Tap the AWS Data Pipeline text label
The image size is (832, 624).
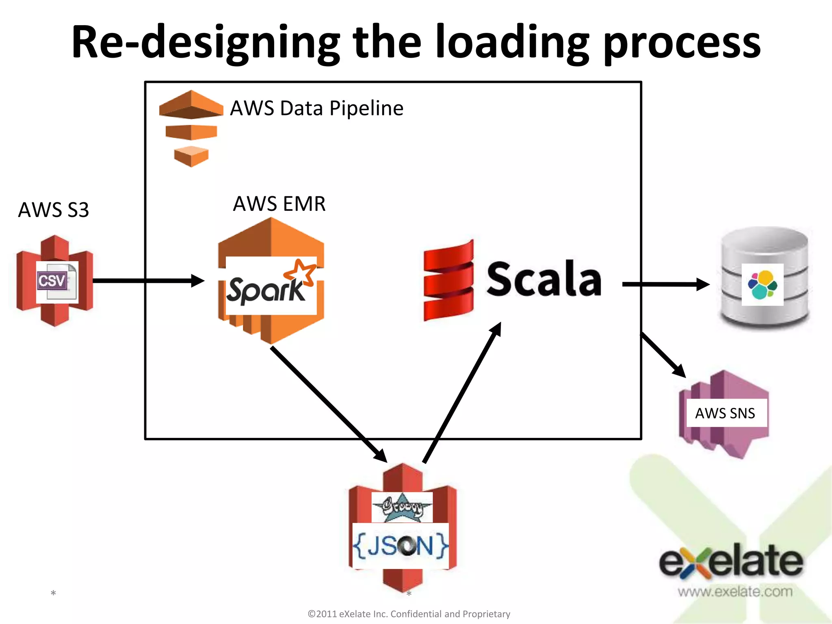[x=316, y=108]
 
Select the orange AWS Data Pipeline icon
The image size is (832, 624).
[x=191, y=128]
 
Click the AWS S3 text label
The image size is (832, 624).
[x=53, y=210]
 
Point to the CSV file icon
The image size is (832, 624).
[x=57, y=282]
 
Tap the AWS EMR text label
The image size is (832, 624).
[x=279, y=204]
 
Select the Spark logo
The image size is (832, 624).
[x=271, y=286]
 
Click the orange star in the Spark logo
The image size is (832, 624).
[x=300, y=271]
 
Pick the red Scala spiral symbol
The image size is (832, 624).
[x=448, y=280]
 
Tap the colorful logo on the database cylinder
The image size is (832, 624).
[x=762, y=284]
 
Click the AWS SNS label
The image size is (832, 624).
[x=725, y=413]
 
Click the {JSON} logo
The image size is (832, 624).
[x=401, y=546]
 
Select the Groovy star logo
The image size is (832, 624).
[x=402, y=507]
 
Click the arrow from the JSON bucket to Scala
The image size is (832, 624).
[x=462, y=392]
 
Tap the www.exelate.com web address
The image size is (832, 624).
[x=734, y=591]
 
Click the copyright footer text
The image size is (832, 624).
[x=409, y=614]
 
